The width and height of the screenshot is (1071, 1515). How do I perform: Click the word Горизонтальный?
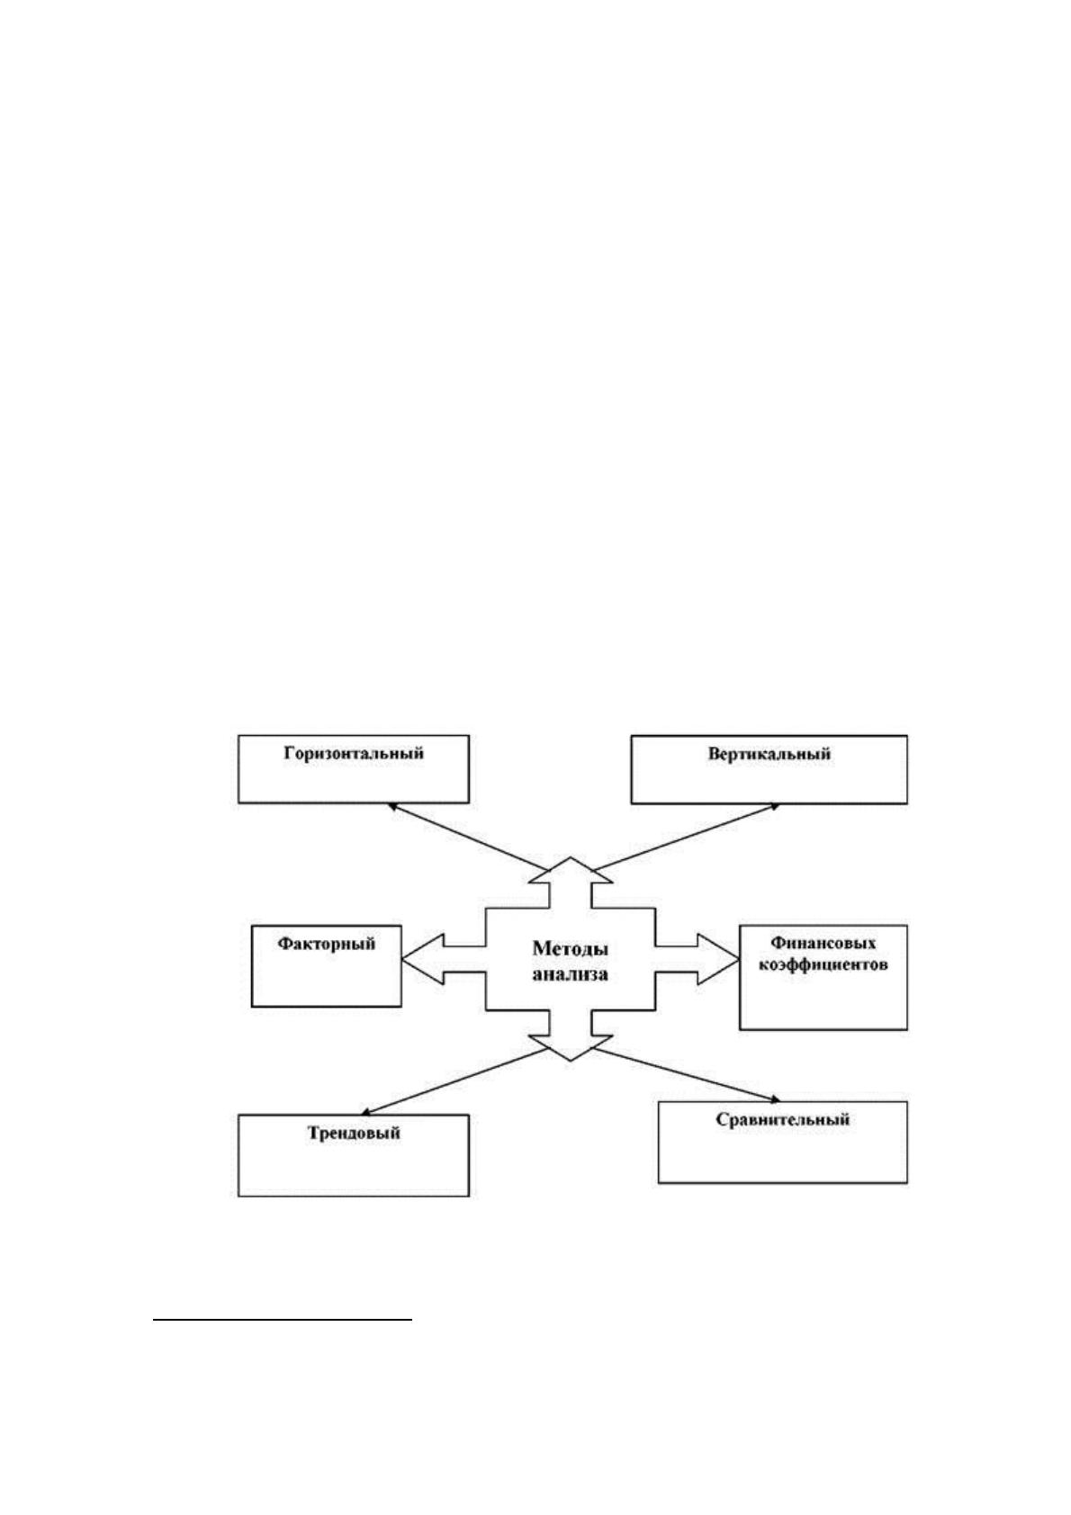pyautogui.click(x=354, y=753)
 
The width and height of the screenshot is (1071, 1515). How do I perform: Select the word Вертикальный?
pyautogui.click(x=769, y=754)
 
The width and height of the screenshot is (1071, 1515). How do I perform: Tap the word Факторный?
pyautogui.click(x=326, y=944)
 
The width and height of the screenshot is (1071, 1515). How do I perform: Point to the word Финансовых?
pyautogui.click(x=823, y=943)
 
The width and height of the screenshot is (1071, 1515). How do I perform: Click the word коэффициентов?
pyautogui.click(x=823, y=964)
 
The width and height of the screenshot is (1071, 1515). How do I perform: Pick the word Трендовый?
pyautogui.click(x=354, y=1133)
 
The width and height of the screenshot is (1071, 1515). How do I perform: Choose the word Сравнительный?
pyautogui.click(x=783, y=1119)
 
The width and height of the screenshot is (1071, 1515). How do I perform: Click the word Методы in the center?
pyautogui.click(x=571, y=949)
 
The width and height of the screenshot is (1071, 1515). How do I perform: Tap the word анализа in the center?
pyautogui.click(x=571, y=974)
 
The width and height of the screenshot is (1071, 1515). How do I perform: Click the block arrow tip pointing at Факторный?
pyautogui.click(x=402, y=959)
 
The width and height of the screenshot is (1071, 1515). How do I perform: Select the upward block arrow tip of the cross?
pyautogui.click(x=571, y=857)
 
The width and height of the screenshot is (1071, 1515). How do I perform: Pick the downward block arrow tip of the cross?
pyautogui.click(x=571, y=1061)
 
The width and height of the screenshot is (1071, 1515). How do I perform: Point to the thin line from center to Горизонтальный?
pyautogui.click(x=467, y=838)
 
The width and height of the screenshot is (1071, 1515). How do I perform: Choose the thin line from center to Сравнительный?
pyautogui.click(x=686, y=1074)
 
